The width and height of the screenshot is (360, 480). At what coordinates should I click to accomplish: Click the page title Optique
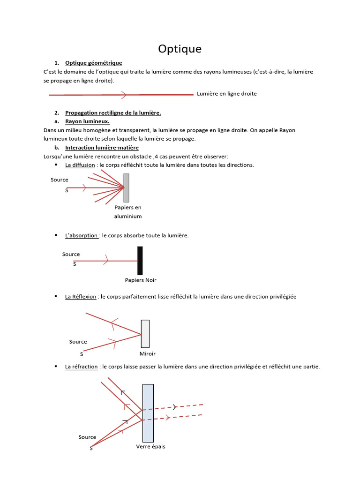tap(180, 49)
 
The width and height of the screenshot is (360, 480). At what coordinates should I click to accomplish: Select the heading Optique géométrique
tap(93, 63)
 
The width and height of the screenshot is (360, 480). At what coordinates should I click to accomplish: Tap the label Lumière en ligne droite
tap(227, 94)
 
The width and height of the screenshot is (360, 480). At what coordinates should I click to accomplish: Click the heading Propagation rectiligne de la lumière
tap(113, 112)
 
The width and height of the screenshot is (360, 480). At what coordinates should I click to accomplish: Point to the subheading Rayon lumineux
tap(87, 121)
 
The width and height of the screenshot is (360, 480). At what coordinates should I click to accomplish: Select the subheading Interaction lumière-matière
tap(102, 148)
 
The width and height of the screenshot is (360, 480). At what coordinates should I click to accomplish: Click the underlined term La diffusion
tap(80, 165)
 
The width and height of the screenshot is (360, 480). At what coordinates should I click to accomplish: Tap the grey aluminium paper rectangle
tap(126, 187)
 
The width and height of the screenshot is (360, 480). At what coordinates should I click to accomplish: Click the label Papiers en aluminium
tap(128, 212)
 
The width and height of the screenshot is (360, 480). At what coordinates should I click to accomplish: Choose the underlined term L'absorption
tap(82, 235)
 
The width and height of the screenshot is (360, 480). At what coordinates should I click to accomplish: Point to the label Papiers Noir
tap(141, 280)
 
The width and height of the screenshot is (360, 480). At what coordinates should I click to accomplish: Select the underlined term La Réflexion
tap(81, 297)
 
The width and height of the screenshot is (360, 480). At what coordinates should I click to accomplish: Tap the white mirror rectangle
tap(145, 334)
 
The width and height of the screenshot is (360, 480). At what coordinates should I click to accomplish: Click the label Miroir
tap(148, 354)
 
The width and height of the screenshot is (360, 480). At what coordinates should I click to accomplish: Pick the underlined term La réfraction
tap(82, 367)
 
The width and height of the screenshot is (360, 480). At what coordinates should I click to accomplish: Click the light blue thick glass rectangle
tap(148, 413)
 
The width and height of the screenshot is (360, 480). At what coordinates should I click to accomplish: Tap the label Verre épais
tap(150, 447)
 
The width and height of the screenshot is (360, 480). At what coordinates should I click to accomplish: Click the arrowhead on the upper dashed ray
tap(175, 407)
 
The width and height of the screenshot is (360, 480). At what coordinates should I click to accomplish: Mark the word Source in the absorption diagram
tap(71, 254)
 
